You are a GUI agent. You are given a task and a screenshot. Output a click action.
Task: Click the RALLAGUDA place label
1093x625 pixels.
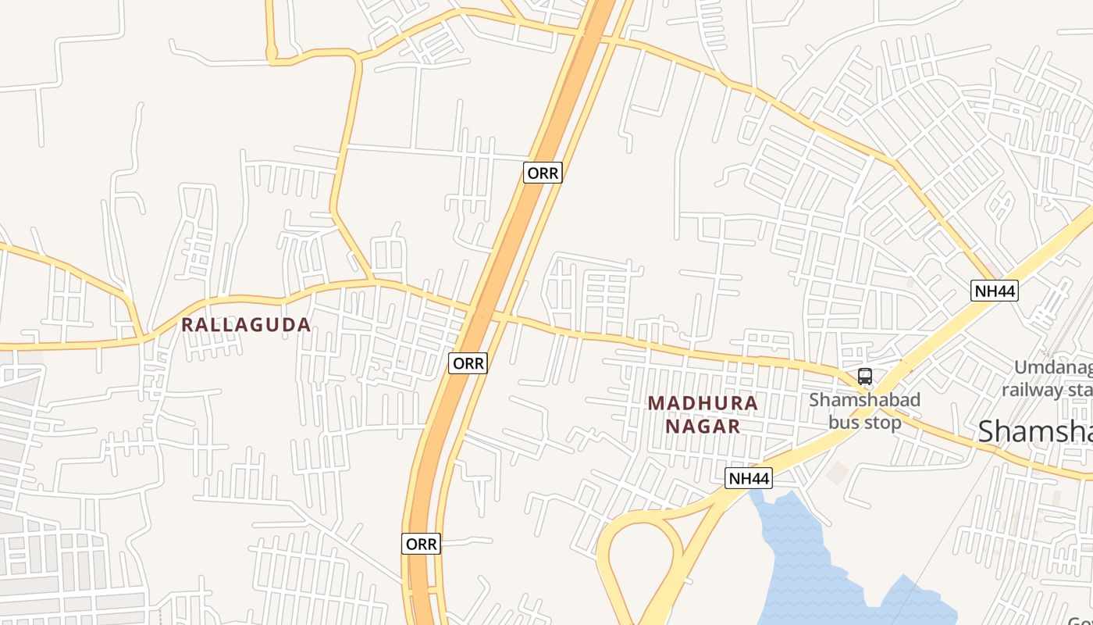pos(247,324)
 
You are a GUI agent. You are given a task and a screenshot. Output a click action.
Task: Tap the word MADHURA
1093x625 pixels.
pos(703,403)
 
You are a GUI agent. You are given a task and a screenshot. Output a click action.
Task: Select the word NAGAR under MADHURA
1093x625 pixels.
pos(703,426)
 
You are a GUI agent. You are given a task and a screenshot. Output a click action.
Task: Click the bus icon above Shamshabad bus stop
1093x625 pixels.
pos(864,377)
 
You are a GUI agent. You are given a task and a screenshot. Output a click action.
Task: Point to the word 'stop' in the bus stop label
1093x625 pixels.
pos(881,423)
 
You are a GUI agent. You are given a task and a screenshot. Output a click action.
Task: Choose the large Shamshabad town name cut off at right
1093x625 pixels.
pos(1034,430)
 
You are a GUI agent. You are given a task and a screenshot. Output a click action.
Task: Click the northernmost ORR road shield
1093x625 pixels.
pos(543,173)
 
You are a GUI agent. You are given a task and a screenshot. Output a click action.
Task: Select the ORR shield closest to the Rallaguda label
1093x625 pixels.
pos(468,363)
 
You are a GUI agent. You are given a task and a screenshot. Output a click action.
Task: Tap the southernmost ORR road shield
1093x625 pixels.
pos(422,544)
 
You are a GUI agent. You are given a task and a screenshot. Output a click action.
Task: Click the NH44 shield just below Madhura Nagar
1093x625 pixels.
pos(748,478)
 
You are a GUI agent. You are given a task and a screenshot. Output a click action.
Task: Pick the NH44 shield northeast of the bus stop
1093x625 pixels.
pos(995,291)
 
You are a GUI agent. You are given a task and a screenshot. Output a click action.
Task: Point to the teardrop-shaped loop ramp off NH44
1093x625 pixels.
pos(636,559)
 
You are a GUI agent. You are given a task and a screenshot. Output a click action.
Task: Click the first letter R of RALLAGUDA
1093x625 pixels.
pos(188,324)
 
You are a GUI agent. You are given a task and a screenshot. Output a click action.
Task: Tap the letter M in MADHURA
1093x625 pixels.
pos(656,403)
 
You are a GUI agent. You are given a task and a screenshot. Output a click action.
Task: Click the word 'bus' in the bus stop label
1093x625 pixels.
pos(842,423)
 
